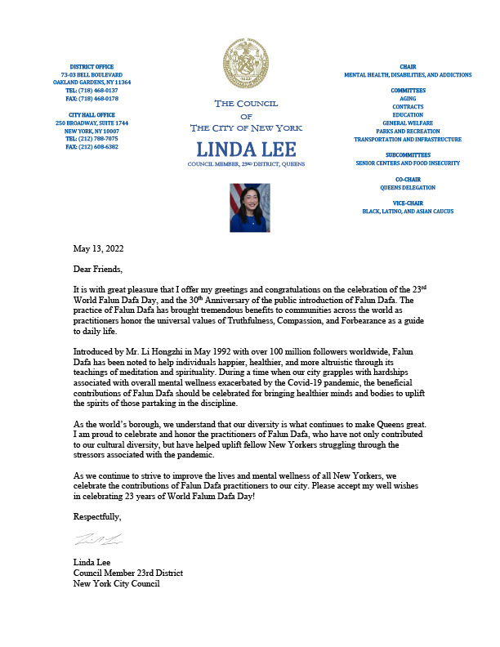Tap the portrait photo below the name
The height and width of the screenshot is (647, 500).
coord(249,207)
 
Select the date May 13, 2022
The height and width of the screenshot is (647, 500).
coord(100,248)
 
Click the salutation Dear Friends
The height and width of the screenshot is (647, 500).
coord(101,269)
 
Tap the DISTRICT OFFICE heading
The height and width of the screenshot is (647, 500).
coord(92,66)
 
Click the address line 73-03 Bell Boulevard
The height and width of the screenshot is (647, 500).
coord(92,74)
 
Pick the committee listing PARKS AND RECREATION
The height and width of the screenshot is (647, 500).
coord(408,131)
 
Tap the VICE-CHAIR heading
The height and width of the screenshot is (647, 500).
coord(408,203)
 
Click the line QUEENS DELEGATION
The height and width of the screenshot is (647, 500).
coord(408,187)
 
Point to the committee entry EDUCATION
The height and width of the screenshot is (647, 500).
coord(408,114)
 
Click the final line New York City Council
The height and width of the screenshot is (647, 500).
coord(116,583)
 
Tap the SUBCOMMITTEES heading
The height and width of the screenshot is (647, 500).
coord(408,154)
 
